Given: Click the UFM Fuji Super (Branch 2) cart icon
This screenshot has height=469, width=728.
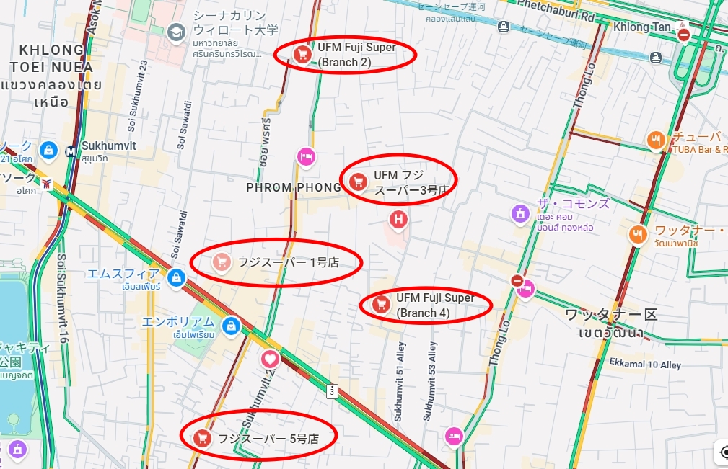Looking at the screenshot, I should [x=302, y=53].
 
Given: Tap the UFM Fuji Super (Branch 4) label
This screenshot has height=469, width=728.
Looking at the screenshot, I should [x=435, y=305].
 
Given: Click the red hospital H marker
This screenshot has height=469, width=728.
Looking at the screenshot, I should [x=398, y=218].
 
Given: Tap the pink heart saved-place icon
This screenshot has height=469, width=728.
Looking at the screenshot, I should [x=270, y=358].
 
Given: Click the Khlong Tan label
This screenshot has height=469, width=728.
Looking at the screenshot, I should [x=641, y=27].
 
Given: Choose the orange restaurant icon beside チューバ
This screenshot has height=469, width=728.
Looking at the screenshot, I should [x=656, y=140].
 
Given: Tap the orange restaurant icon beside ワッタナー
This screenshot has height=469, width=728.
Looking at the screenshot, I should [x=638, y=234].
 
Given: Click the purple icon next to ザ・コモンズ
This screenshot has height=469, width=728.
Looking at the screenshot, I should [x=520, y=213].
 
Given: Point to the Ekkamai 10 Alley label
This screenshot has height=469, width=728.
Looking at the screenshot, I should [x=644, y=365].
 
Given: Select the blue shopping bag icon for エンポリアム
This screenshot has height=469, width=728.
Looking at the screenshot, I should [x=231, y=326].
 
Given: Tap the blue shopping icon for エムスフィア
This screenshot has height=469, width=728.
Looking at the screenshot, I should [x=175, y=277].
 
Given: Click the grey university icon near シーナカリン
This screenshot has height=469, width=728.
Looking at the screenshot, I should [x=175, y=32].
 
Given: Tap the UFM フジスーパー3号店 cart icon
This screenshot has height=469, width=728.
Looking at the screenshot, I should [x=356, y=181].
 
